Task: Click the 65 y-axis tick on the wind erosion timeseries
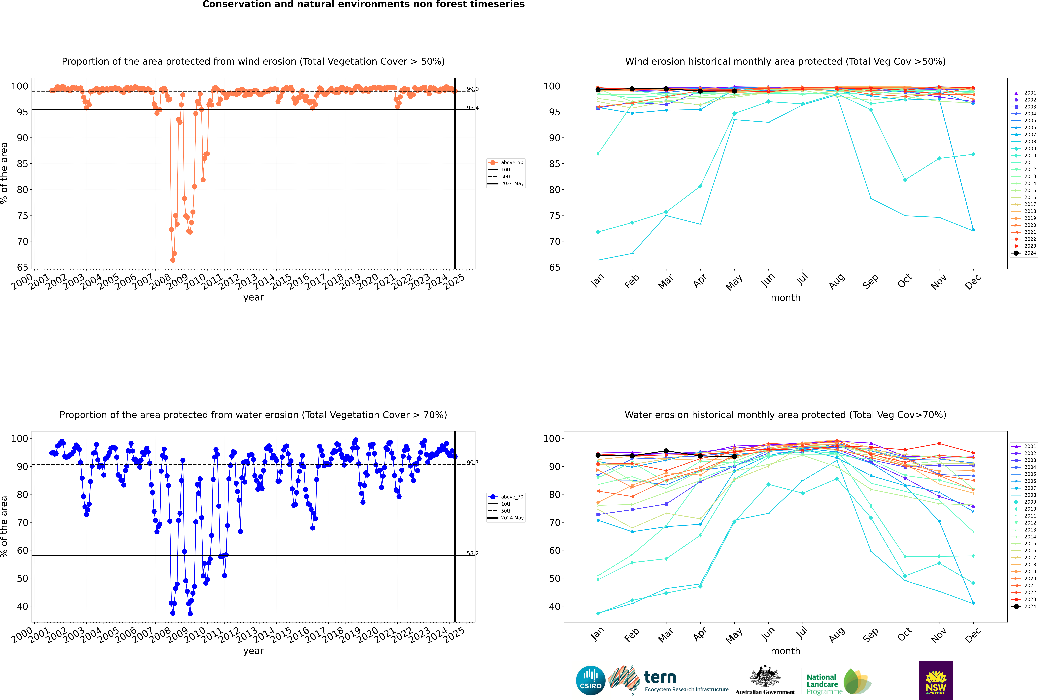(x=22, y=267)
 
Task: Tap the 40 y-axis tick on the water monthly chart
(x=554, y=606)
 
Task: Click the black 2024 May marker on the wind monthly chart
(x=734, y=91)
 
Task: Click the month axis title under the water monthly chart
(x=785, y=651)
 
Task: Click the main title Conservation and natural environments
(x=363, y=4)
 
